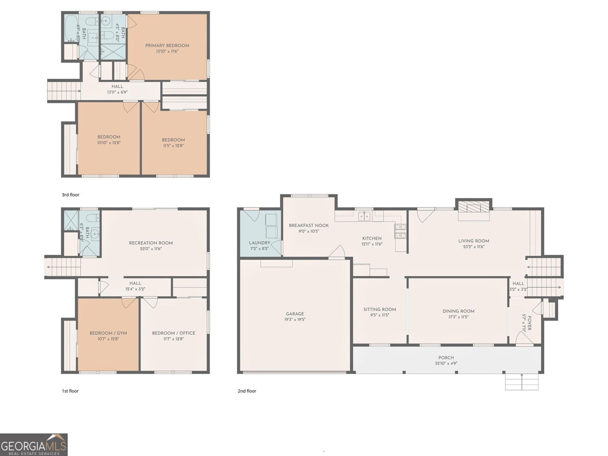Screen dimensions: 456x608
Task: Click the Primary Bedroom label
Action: (167, 46)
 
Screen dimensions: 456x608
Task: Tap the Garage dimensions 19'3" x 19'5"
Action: (295, 320)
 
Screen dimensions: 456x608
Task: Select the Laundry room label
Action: (260, 243)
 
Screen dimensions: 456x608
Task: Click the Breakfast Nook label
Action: (309, 225)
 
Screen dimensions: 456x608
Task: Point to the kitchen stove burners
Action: (400, 231)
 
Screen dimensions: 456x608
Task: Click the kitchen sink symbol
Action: (364, 216)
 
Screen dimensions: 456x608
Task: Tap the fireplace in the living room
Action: (473, 208)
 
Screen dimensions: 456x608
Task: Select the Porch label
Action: (446, 358)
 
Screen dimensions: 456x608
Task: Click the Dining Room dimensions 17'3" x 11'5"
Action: (458, 317)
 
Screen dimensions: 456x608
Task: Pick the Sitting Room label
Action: (380, 309)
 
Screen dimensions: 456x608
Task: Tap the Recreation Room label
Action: (150, 243)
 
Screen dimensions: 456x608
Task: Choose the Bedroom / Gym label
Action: (108, 333)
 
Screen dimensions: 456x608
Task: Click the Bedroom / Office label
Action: (173, 333)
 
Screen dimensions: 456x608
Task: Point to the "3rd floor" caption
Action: (71, 195)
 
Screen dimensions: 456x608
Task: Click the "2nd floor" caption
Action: (247, 391)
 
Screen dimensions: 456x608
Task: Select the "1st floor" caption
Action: (70, 391)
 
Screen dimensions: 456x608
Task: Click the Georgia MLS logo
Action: (33, 444)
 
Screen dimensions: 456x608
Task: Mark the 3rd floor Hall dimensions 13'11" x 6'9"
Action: (117, 92)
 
